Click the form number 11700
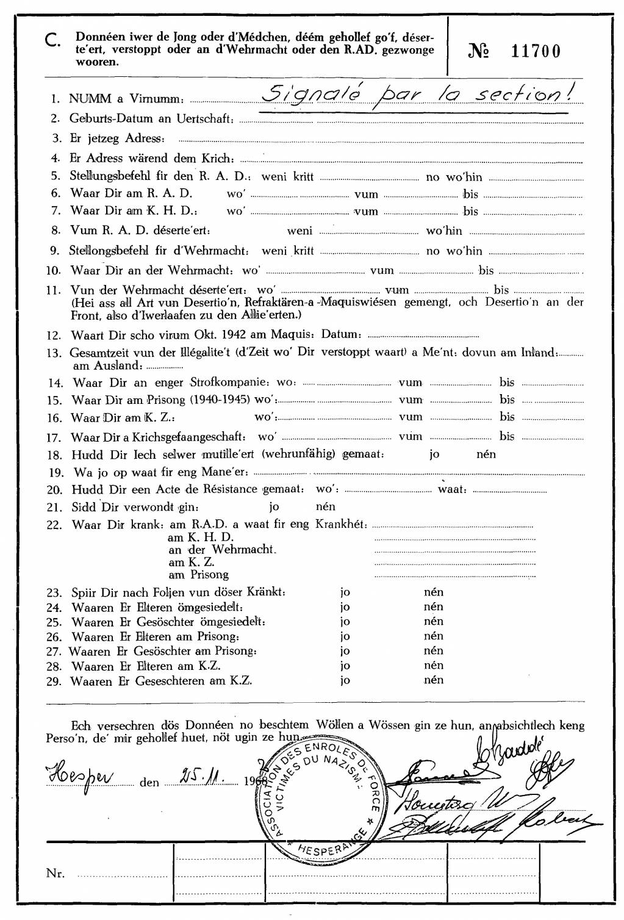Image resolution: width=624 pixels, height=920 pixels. point(536,51)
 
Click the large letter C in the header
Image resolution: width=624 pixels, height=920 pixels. point(52,41)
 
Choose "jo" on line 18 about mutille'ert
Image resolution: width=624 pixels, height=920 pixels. point(434,455)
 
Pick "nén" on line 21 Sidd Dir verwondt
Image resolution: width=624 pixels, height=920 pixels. point(326,506)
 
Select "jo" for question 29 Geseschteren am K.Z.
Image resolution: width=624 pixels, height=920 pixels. point(345,680)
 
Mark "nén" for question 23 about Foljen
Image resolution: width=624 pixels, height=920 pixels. point(434,592)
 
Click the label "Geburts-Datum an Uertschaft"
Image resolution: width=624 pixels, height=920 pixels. point(151,119)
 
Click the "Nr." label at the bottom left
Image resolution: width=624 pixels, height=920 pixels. point(55,874)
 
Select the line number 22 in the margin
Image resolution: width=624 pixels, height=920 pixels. point(54,525)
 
